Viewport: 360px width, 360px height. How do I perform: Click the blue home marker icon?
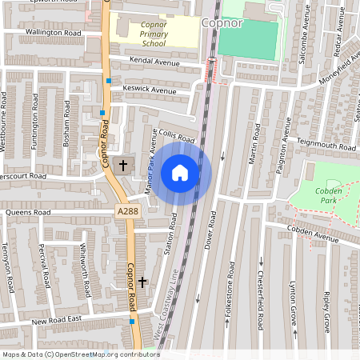[x=180, y=172]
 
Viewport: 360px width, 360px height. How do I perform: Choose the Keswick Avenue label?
[x=149, y=90]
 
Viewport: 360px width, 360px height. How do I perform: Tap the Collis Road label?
[x=177, y=137]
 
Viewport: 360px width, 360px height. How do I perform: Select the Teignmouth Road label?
[x=326, y=146]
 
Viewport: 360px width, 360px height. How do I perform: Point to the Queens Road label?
[x=27, y=213]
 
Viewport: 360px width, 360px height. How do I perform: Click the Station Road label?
[x=169, y=234]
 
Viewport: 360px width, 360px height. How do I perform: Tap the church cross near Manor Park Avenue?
[x=122, y=166]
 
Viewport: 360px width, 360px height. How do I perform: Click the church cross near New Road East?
[x=143, y=282]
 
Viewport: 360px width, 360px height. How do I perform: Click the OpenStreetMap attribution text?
[x=81, y=354]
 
